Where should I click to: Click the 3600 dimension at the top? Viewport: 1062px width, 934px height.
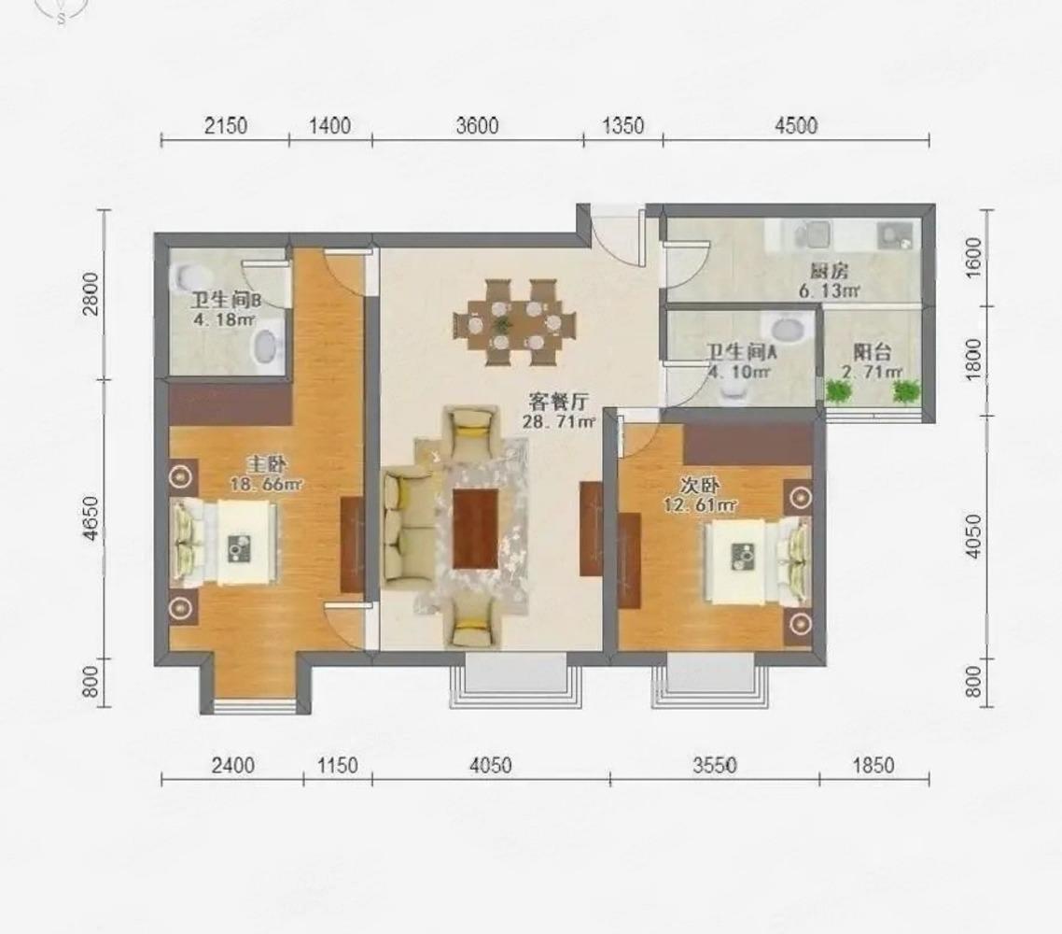[x=478, y=126]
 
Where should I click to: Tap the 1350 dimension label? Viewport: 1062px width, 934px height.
[x=623, y=126]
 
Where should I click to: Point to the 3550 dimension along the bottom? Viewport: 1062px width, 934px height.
[x=715, y=766]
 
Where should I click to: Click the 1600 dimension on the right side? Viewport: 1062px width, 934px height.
[x=973, y=257]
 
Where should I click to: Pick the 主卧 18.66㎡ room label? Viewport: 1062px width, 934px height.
[x=266, y=474]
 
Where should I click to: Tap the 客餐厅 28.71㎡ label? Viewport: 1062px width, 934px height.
[x=559, y=412]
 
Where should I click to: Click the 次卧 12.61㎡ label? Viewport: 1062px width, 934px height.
[x=700, y=495]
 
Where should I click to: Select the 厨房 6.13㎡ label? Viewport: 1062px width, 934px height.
[x=829, y=281]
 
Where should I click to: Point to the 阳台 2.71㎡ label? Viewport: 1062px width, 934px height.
[x=872, y=362]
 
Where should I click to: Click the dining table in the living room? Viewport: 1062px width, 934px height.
[x=514, y=322]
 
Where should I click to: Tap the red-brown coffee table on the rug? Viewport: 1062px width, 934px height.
[x=475, y=529]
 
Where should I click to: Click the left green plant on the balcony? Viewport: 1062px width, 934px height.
[x=838, y=390]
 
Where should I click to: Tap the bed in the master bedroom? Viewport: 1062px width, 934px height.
[x=224, y=542]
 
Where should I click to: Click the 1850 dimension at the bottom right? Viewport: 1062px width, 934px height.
[x=873, y=766]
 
